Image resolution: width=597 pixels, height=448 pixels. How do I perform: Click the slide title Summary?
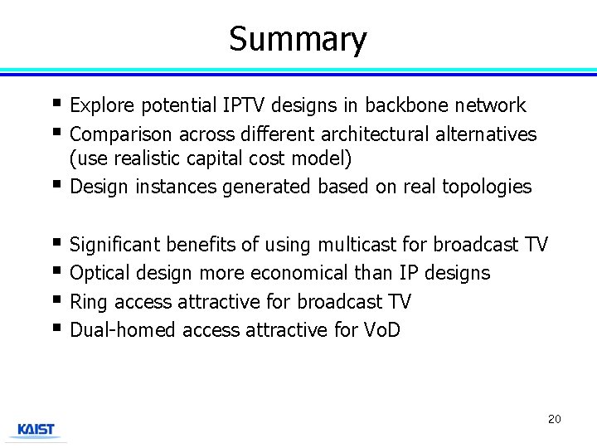(x=298, y=39)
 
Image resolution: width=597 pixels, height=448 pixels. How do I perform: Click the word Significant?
(x=116, y=245)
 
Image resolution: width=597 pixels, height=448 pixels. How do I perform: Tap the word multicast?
(x=358, y=245)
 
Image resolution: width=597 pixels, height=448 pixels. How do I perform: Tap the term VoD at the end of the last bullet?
(x=382, y=330)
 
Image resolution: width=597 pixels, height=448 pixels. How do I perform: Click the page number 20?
(x=554, y=419)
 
